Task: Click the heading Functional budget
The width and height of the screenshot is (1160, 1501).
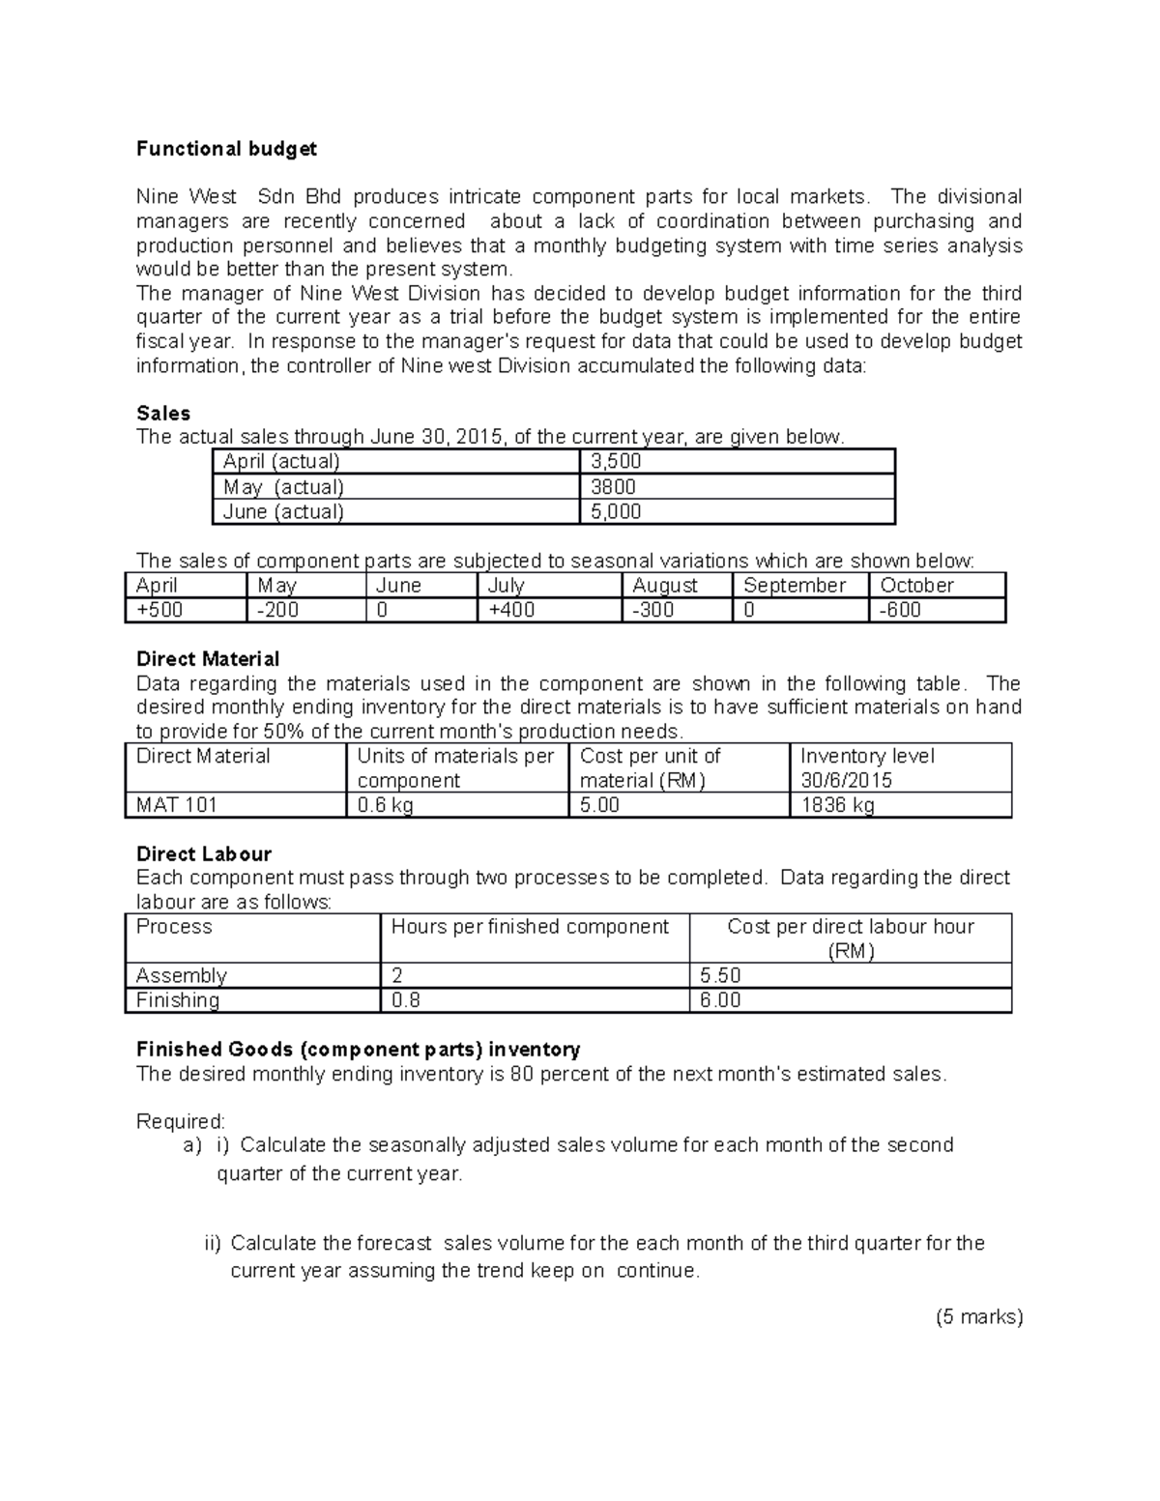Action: pos(226,149)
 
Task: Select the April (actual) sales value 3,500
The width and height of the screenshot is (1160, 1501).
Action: pos(616,462)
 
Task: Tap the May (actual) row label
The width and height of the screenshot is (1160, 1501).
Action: pos(283,487)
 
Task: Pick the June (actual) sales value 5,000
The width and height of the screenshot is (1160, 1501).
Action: pos(616,512)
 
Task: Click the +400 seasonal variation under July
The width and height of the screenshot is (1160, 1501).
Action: pos(511,610)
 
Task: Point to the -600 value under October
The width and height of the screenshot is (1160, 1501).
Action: pos(900,610)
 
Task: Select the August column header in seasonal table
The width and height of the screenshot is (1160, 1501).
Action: pos(664,586)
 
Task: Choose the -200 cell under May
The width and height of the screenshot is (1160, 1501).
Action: pos(277,610)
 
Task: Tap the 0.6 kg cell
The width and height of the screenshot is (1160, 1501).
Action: pos(385,805)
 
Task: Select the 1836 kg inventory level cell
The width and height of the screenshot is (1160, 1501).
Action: pos(837,805)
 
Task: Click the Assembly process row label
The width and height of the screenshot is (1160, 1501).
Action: pos(182,975)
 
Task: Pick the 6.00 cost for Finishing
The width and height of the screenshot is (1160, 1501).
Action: pos(720,1000)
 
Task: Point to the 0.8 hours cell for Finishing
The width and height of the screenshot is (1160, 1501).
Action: pos(406,1000)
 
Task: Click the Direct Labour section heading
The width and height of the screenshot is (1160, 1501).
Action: pos(204,854)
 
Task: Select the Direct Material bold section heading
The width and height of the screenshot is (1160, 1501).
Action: pos(208,659)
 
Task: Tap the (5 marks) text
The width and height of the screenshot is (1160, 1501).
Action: pos(979,1316)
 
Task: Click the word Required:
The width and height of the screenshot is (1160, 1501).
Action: pos(181,1121)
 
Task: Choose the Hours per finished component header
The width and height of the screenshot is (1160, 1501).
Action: pos(530,927)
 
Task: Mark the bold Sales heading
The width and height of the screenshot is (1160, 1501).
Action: pos(163,414)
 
